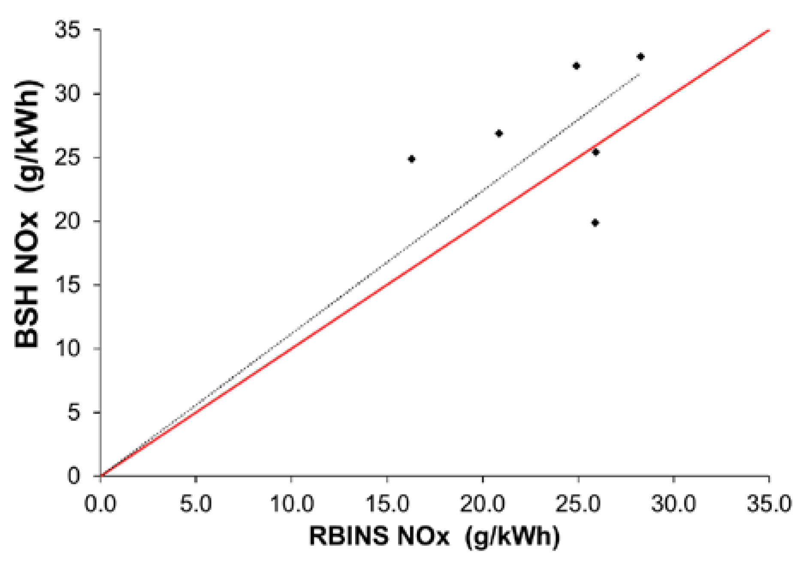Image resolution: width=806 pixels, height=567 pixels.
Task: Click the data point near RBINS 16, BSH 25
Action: (411, 159)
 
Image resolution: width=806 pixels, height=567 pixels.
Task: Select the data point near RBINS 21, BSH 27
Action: (499, 133)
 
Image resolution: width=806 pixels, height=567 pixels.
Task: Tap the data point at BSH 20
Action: (595, 223)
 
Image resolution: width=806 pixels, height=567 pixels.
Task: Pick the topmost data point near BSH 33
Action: (640, 57)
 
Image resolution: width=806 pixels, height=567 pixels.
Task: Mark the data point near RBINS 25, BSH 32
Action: (576, 66)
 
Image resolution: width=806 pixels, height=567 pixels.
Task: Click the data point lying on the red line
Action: (595, 152)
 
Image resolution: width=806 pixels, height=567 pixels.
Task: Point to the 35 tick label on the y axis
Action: (67, 30)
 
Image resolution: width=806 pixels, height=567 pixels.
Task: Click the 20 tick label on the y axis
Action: (67, 221)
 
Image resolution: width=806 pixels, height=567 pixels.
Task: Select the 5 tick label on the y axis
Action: (73, 413)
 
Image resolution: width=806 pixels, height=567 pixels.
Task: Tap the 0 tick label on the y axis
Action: (73, 476)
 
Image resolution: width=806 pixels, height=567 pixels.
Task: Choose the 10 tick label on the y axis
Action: (67, 349)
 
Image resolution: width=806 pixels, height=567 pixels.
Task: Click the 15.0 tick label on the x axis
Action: (387, 504)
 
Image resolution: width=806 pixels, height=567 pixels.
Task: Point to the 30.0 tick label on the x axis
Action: (673, 504)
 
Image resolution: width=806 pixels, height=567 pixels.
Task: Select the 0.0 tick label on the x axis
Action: (100, 504)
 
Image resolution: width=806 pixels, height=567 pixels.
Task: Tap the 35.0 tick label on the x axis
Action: (769, 504)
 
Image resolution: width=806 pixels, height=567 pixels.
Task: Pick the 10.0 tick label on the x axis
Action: (291, 504)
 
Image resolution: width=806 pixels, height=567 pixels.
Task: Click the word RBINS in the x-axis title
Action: (347, 536)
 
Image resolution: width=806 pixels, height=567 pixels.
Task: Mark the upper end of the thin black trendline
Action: (639, 75)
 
